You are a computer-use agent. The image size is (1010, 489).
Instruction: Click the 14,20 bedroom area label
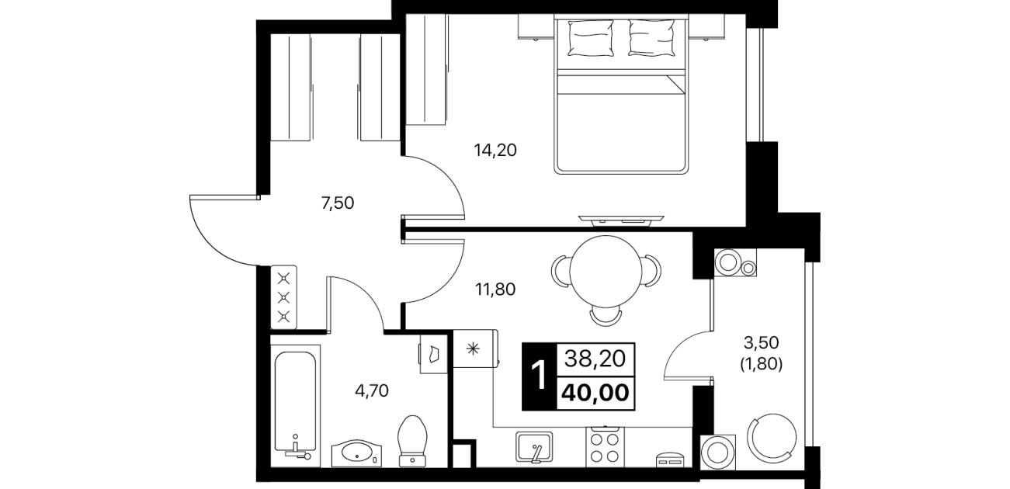(495, 150)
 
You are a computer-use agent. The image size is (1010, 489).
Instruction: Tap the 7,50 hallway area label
(337, 203)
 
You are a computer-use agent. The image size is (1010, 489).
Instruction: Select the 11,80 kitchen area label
(495, 289)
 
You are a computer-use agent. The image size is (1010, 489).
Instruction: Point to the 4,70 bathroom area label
(372, 390)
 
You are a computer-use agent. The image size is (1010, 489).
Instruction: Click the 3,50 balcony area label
(761, 342)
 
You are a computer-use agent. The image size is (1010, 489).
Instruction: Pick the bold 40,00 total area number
(595, 393)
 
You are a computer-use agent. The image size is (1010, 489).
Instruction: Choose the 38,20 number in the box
(595, 359)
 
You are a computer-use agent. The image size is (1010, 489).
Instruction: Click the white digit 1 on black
(539, 376)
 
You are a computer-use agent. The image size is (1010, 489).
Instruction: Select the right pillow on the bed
(652, 38)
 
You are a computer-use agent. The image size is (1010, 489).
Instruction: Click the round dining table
(606, 271)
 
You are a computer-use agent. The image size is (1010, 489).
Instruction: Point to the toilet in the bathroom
(412, 441)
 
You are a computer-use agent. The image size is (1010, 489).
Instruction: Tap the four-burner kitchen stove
(605, 447)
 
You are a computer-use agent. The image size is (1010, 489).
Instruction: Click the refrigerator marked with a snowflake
(475, 349)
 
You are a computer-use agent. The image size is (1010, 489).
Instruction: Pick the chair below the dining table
(606, 317)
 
